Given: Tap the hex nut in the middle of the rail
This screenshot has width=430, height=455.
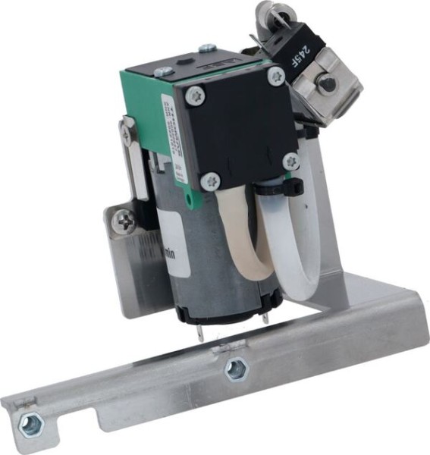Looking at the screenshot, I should coord(235,370).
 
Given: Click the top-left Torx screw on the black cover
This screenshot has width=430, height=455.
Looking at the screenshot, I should coord(195,95).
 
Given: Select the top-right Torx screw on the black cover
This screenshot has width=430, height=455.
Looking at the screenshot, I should coord(276,76).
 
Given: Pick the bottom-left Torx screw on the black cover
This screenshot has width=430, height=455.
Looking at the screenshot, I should coord(211,181).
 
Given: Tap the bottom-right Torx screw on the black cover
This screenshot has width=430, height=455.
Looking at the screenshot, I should coord(290,161).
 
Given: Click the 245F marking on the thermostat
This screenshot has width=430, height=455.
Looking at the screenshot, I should coord(300,53).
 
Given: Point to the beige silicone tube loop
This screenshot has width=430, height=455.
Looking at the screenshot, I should coord(243,235).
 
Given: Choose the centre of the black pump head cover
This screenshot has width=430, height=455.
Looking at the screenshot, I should coord(241,129).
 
